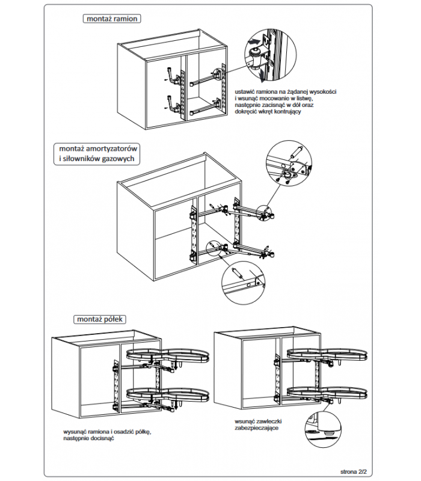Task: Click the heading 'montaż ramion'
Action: tap(112, 19)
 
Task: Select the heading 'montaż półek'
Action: tap(96, 319)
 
